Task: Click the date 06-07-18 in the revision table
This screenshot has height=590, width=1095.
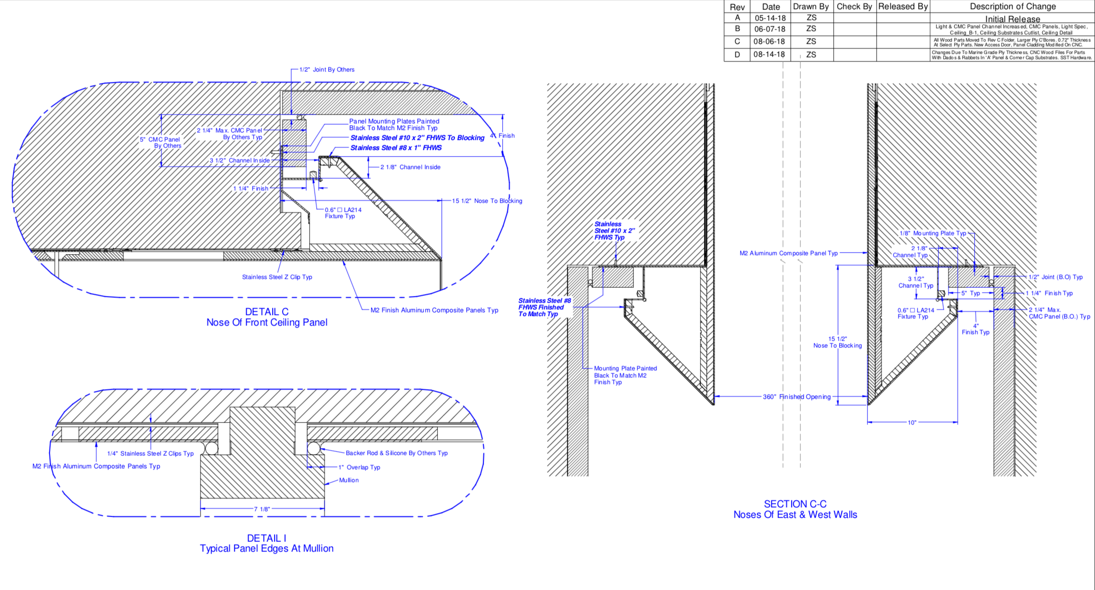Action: click(x=770, y=29)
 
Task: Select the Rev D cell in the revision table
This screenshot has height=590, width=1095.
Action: click(x=737, y=55)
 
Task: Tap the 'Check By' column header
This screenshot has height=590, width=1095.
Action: click(x=854, y=7)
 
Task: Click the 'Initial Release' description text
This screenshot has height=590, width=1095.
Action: click(x=1012, y=19)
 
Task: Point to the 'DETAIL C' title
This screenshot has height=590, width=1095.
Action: click(x=266, y=312)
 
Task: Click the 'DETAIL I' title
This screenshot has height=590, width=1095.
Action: click(x=266, y=538)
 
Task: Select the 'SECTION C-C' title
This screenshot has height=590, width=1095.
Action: click(x=795, y=504)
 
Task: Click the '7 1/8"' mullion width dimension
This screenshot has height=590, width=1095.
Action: click(x=262, y=509)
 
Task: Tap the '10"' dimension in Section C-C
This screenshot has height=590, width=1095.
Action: click(x=911, y=423)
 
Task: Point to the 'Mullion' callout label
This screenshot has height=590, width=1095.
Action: click(x=349, y=480)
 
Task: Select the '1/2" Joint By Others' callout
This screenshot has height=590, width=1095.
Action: click(x=327, y=69)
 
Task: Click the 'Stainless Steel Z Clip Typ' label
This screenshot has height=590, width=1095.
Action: click(x=277, y=277)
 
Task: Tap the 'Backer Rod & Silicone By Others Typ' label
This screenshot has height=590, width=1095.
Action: click(x=396, y=453)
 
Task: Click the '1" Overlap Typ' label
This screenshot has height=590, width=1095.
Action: click(x=359, y=467)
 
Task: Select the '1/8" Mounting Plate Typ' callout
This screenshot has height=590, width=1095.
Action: click(x=933, y=233)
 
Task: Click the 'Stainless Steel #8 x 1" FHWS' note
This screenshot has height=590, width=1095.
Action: click(x=396, y=148)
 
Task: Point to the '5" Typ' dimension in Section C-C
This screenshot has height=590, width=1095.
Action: click(x=970, y=293)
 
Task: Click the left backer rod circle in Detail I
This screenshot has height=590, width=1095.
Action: click(x=211, y=448)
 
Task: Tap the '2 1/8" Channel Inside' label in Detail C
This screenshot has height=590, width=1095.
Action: click(x=410, y=167)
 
